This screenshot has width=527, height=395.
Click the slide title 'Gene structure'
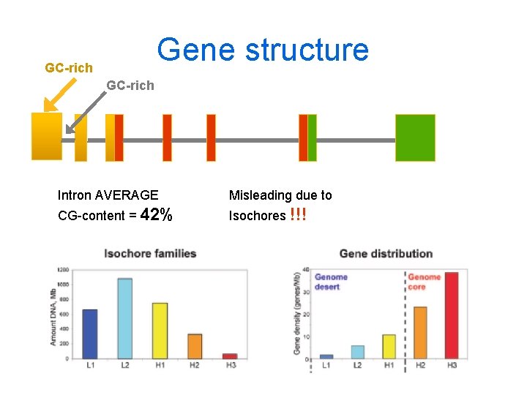(263, 50)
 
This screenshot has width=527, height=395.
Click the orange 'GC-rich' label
(69, 68)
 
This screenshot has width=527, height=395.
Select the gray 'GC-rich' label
(130, 86)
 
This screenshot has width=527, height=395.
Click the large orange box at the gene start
(47, 136)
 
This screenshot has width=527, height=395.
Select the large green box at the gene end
(415, 138)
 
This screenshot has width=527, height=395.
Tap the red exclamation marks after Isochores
(298, 215)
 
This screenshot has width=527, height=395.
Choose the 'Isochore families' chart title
(150, 254)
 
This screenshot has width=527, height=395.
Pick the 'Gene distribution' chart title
(386, 254)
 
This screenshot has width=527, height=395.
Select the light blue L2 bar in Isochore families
(124, 318)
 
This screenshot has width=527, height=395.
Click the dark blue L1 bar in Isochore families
(89, 334)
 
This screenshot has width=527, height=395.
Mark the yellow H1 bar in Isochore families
(160, 331)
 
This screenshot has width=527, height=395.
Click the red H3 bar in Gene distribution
(451, 315)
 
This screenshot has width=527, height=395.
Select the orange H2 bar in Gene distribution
(420, 333)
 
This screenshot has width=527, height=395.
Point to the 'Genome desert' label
(331, 282)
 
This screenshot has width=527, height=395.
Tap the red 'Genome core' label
(424, 282)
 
